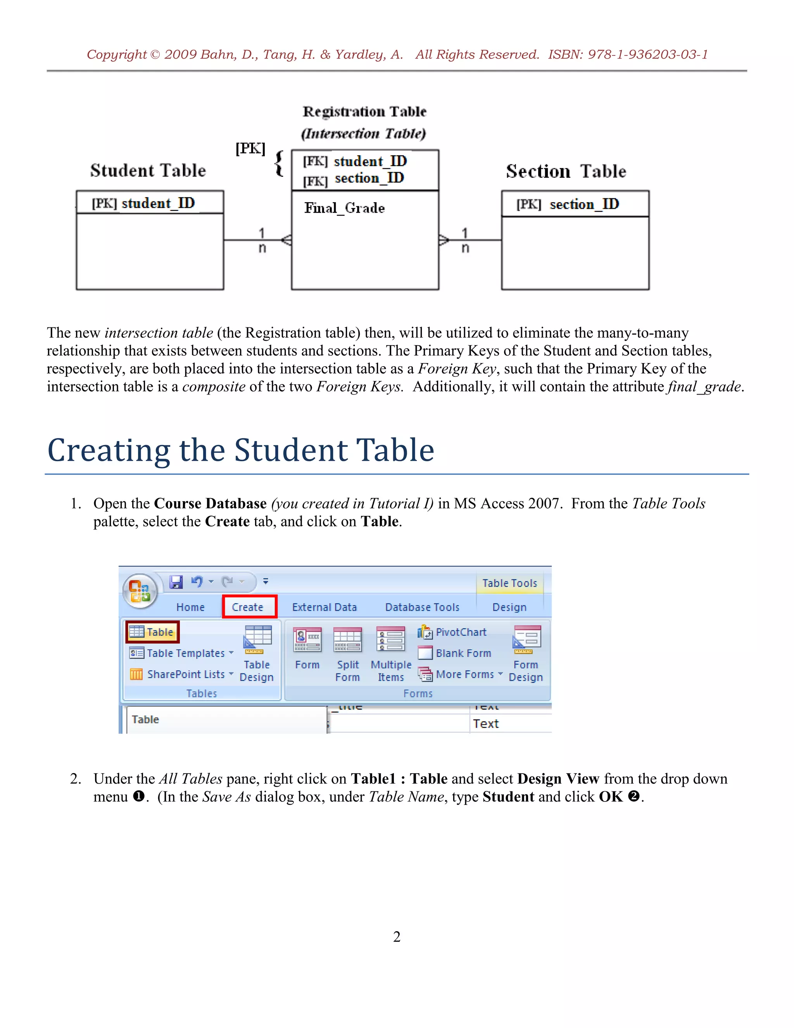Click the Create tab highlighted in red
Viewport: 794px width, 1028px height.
pyautogui.click(x=249, y=607)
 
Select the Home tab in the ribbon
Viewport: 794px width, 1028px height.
pyautogui.click(x=190, y=607)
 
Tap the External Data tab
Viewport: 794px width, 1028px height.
pyautogui.click(x=324, y=607)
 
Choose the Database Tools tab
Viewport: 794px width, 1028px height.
pyautogui.click(x=422, y=607)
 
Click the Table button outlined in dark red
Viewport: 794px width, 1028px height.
pyautogui.click(x=152, y=632)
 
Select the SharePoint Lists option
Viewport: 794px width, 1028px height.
pyautogui.click(x=181, y=674)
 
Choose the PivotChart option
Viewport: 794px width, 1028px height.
pyautogui.click(x=453, y=632)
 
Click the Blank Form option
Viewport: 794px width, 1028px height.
pyautogui.click(x=455, y=653)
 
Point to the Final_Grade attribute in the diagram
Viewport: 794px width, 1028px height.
pyautogui.click(x=344, y=208)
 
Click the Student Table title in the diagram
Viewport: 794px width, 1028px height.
pyautogui.click(x=148, y=170)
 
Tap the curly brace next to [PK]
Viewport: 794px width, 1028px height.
pyautogui.click(x=279, y=163)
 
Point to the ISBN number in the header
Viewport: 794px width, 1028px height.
pyautogui.click(x=628, y=55)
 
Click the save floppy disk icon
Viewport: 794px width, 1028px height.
pyautogui.click(x=176, y=582)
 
